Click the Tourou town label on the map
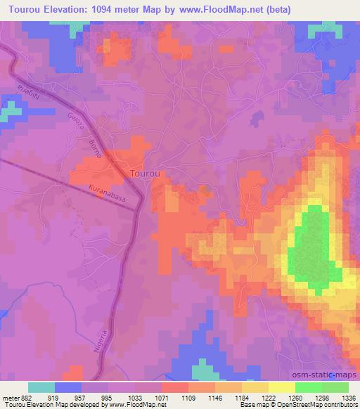pyautogui.click(x=148, y=172)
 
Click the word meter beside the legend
pyautogui.click(x=9, y=397)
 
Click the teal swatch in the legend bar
pyautogui.click(x=41, y=387)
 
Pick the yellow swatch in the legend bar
pyautogui.click(x=282, y=387)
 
